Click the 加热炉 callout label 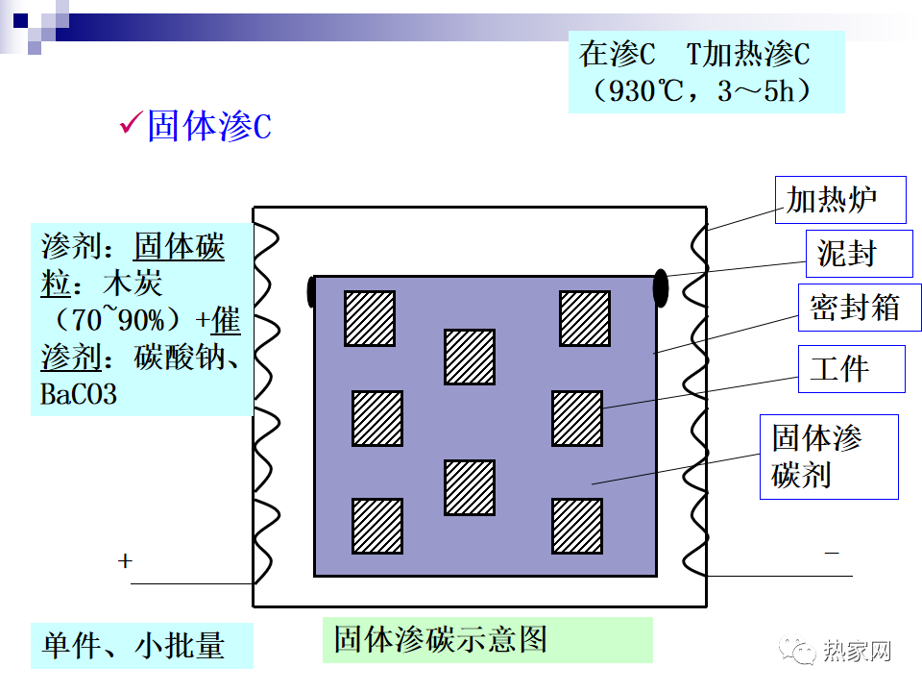(827, 200)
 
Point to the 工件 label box (851, 369)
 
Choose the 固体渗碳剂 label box (828, 457)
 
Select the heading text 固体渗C (208, 126)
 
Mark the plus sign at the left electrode (125, 561)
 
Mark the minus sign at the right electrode (832, 553)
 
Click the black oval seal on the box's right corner (661, 287)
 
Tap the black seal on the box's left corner (310, 291)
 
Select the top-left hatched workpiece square (370, 318)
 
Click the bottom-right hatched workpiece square (577, 526)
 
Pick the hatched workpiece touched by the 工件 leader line (577, 418)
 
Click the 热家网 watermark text (857, 651)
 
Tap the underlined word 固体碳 (179, 246)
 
